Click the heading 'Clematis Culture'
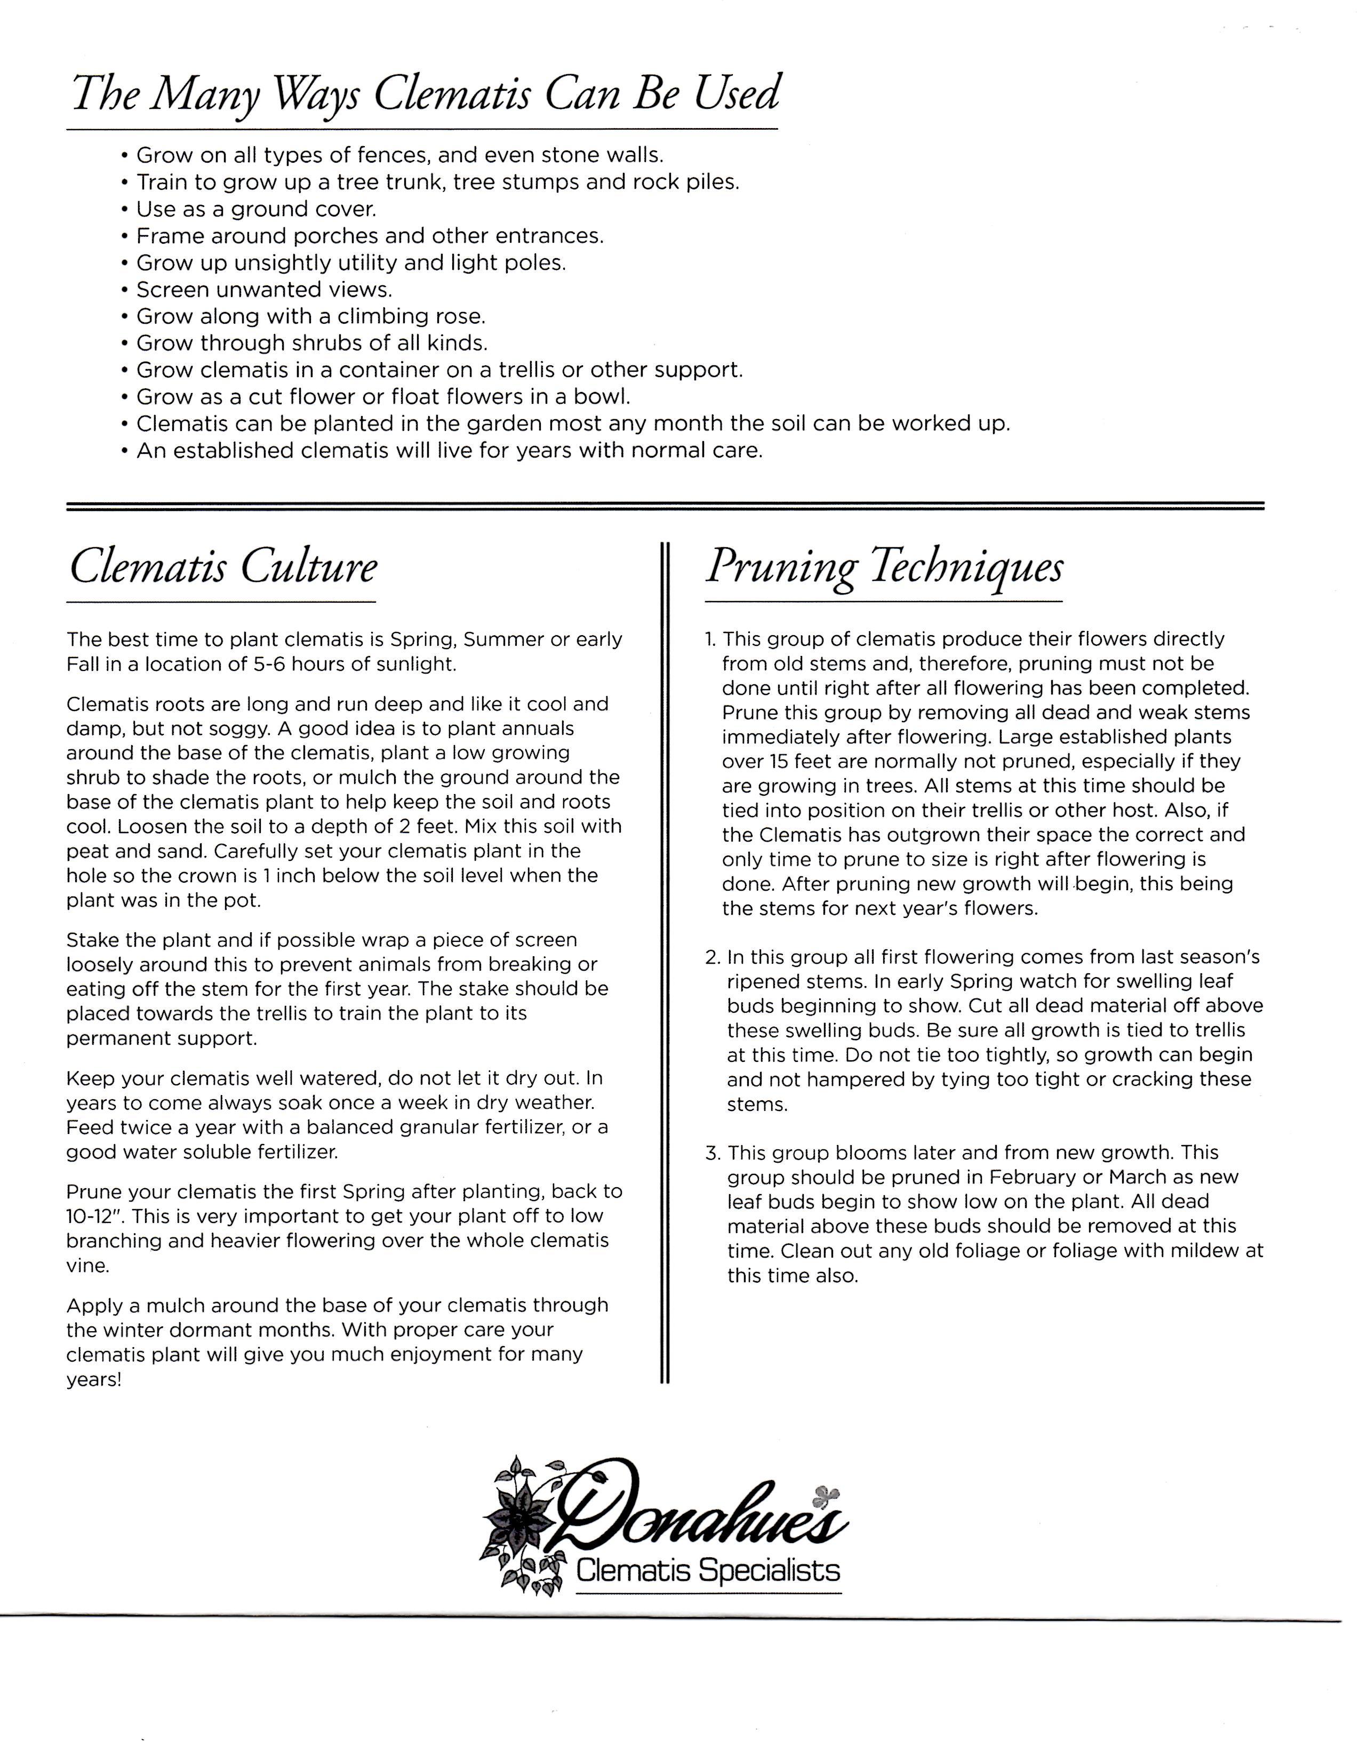pyautogui.click(x=222, y=567)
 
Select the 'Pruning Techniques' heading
pyautogui.click(x=884, y=567)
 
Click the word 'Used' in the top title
pyautogui.click(x=737, y=93)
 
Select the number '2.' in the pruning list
pyautogui.click(x=712, y=957)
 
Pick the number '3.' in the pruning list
pyautogui.click(x=712, y=1153)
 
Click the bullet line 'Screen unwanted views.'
pyautogui.click(x=263, y=289)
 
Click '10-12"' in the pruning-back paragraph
pyautogui.click(x=91, y=1216)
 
